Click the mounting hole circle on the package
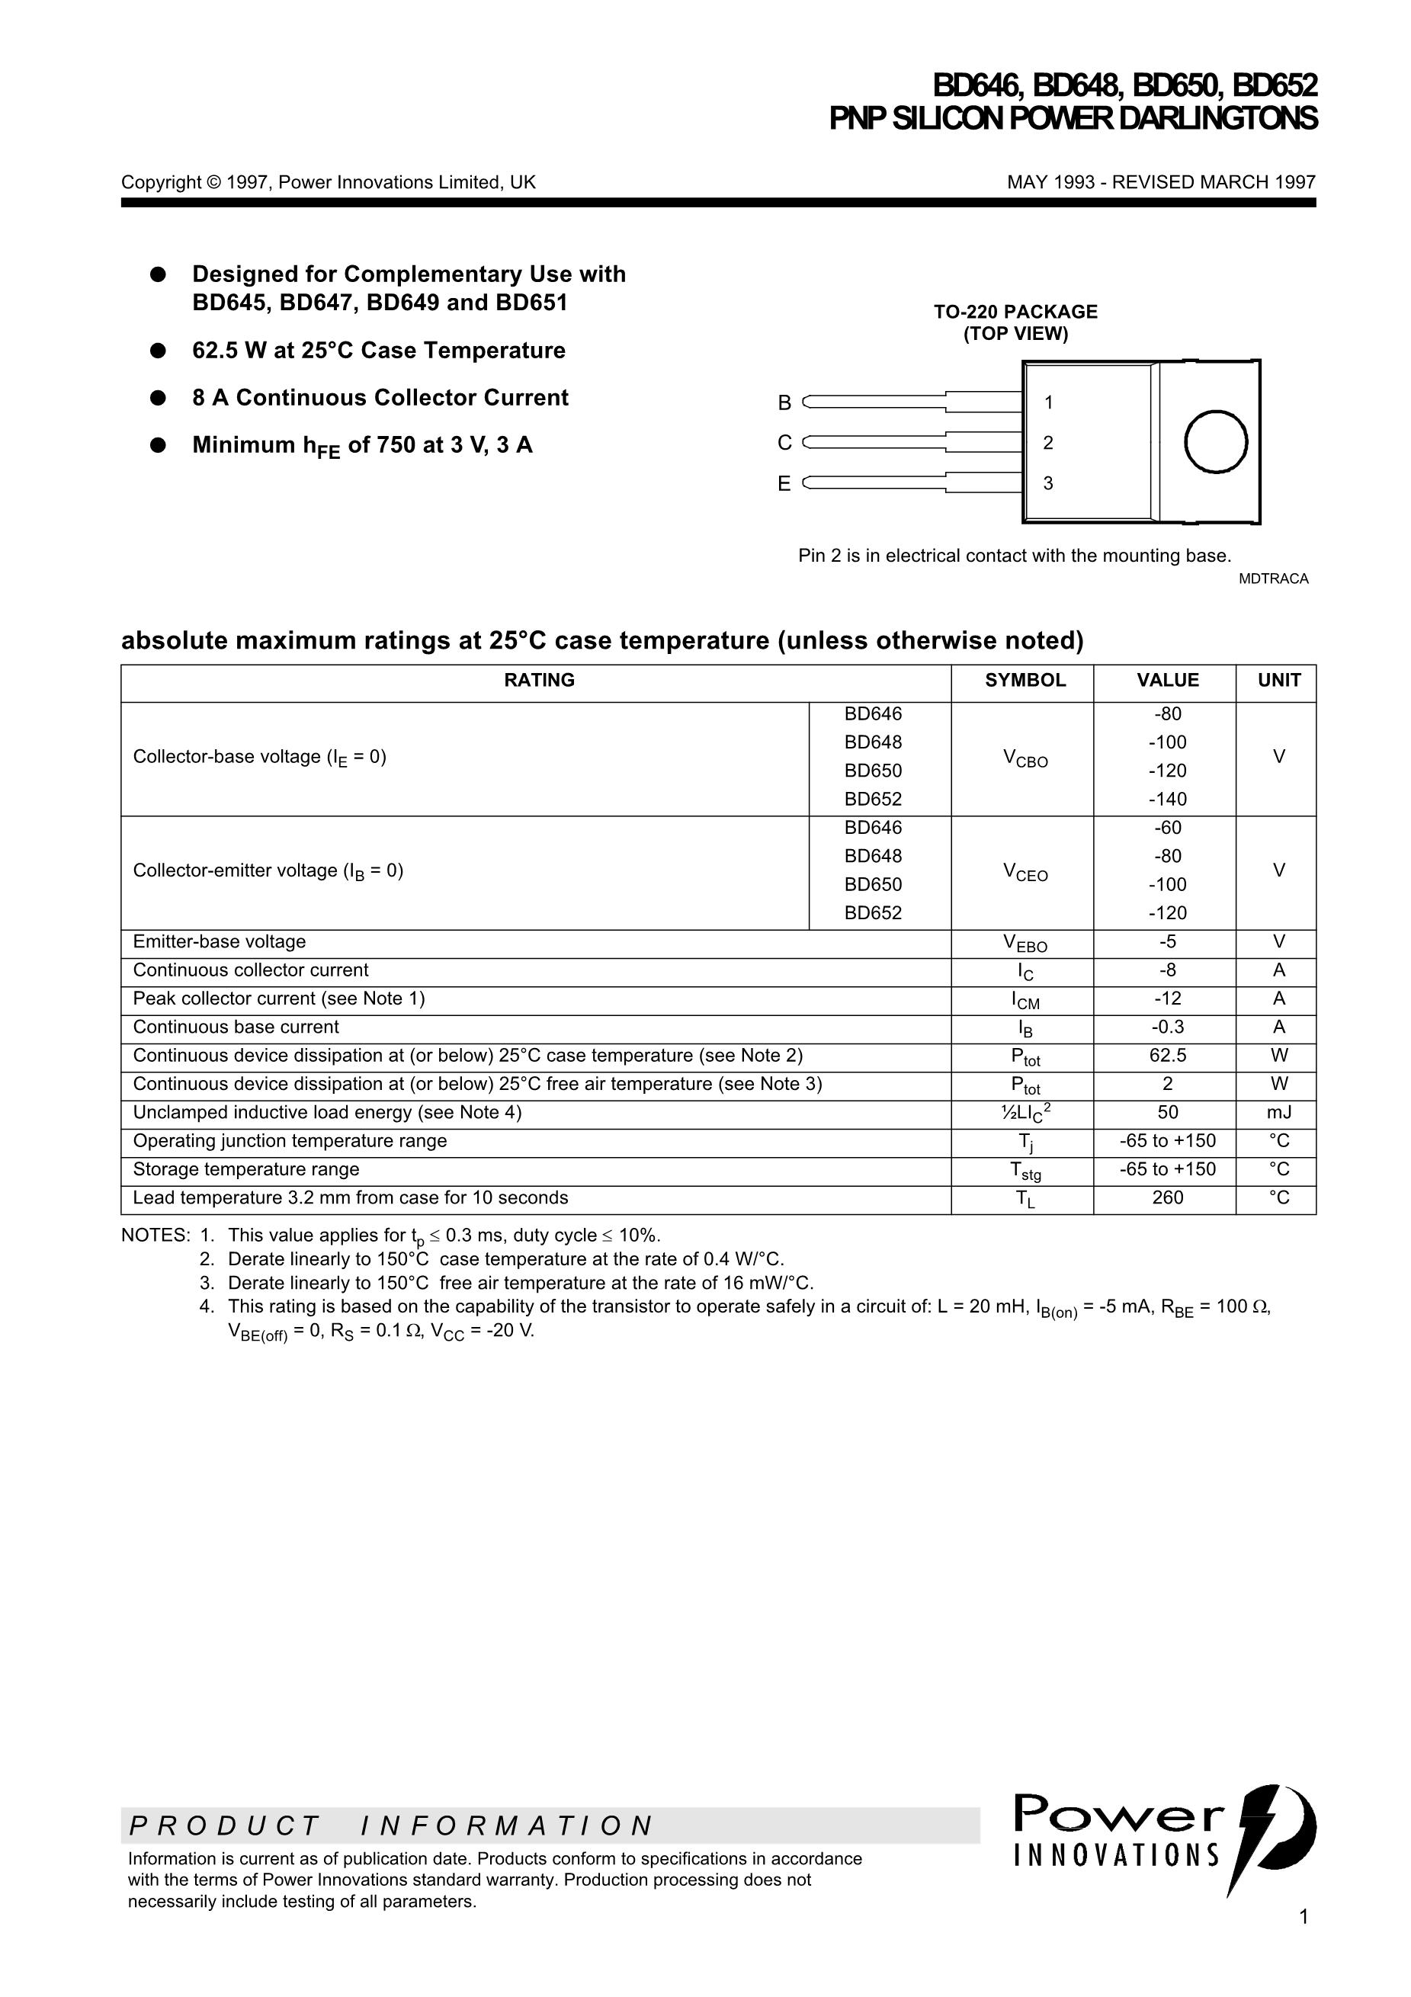pyautogui.click(x=1215, y=442)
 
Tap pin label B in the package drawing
pyautogui.click(x=784, y=402)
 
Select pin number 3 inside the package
pyautogui.click(x=1048, y=483)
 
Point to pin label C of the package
pyautogui.click(x=784, y=443)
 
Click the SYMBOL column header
pyautogui.click(x=1025, y=680)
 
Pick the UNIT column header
pyautogui.click(x=1279, y=680)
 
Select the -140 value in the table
pyautogui.click(x=1167, y=800)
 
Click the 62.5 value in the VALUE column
pyautogui.click(x=1167, y=1056)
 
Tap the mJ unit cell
pyautogui.click(x=1279, y=1112)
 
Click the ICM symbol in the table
pyautogui.click(x=1025, y=1000)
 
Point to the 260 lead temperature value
pyautogui.click(x=1167, y=1197)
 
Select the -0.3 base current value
pyautogui.click(x=1167, y=1027)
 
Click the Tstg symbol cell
pyautogui.click(x=1025, y=1171)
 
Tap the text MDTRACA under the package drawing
pyautogui.click(x=1274, y=579)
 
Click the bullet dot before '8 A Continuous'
pyautogui.click(x=158, y=397)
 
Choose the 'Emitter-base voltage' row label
pyautogui.click(x=220, y=942)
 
